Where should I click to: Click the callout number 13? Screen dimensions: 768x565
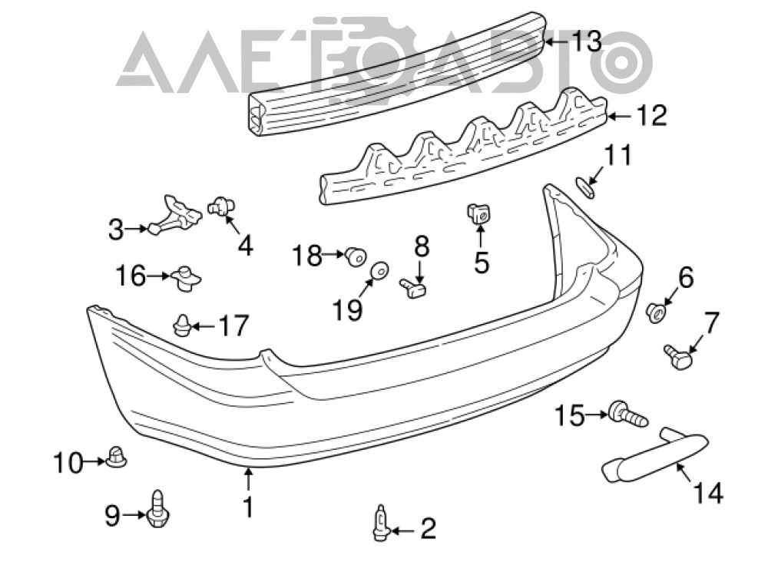click(588, 41)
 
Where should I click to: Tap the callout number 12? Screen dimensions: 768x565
click(651, 116)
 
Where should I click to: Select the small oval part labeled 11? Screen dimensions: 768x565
click(584, 189)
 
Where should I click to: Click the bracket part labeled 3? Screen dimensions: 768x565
click(174, 216)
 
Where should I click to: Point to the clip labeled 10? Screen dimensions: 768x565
click(117, 458)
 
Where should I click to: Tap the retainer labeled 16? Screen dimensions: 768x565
click(184, 279)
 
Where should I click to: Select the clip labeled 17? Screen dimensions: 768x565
click(182, 325)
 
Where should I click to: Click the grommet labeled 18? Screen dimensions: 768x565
click(356, 256)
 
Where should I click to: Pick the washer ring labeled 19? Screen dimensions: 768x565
click(379, 270)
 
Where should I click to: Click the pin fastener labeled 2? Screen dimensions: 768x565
click(381, 523)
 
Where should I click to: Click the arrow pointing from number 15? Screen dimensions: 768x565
click(597, 415)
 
